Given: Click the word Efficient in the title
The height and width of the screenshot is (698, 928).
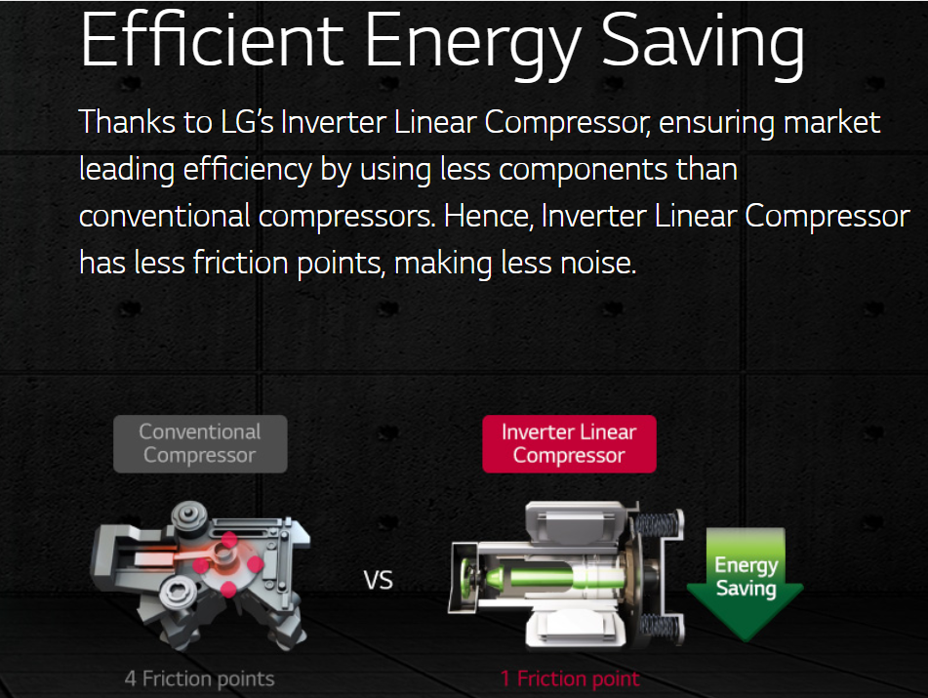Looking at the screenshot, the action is (212, 40).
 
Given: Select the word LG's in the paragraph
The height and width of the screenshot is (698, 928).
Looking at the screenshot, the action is (247, 122).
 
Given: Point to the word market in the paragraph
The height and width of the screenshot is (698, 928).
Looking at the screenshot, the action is (832, 123).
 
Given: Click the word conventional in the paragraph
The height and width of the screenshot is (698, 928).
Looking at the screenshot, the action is (165, 216).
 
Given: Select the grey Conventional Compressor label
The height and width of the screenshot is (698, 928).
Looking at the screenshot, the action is (200, 444).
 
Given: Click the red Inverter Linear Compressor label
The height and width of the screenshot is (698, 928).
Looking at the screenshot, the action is (569, 444).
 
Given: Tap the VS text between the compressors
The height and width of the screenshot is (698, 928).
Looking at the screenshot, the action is (379, 580).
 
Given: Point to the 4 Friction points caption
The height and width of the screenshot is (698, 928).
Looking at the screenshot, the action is (199, 678).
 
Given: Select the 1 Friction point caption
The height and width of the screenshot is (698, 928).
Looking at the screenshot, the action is (570, 678).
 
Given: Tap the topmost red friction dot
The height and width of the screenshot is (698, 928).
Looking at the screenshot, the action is (229, 540).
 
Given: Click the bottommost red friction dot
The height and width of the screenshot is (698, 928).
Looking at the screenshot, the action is (228, 590).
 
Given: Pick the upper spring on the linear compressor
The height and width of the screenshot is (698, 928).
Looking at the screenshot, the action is (657, 524).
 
